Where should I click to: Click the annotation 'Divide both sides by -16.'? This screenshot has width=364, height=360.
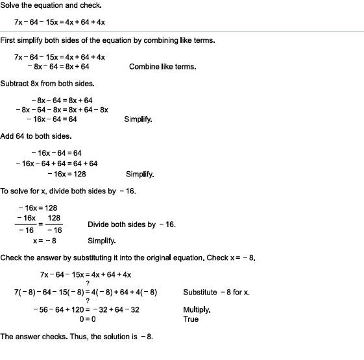click(131, 224)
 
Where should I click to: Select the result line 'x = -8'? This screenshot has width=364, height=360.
click(44, 241)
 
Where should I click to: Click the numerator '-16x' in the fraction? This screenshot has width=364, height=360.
click(26, 219)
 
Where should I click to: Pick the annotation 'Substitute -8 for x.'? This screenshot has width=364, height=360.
click(216, 293)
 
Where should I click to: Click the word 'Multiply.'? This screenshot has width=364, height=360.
click(197, 310)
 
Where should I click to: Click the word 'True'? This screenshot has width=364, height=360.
click(191, 319)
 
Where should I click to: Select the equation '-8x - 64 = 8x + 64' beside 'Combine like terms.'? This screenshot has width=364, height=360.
click(58, 66)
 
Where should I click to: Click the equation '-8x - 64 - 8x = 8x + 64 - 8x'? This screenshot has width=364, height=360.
click(62, 110)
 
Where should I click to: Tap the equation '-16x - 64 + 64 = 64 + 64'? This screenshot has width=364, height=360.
click(57, 163)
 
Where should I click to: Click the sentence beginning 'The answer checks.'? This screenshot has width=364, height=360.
click(76, 337)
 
